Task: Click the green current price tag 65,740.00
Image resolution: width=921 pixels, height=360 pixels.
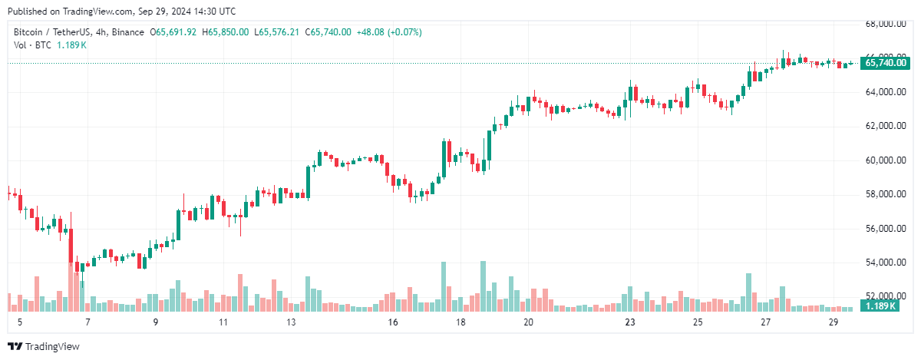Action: point(886,64)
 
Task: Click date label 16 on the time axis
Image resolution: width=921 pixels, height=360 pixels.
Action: point(393,323)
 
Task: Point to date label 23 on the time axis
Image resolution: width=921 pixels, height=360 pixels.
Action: point(630,323)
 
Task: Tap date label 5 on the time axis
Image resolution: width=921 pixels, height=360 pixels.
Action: point(19,323)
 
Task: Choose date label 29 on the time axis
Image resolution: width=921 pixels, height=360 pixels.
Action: point(833,323)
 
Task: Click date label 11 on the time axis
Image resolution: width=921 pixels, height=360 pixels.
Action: point(223,323)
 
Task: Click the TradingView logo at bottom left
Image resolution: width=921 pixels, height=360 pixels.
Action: point(44,347)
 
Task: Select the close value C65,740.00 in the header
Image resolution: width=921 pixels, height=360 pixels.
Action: point(328,32)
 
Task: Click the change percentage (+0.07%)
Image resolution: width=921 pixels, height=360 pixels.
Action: point(404,32)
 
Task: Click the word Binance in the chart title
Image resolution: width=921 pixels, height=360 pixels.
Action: point(127,32)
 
